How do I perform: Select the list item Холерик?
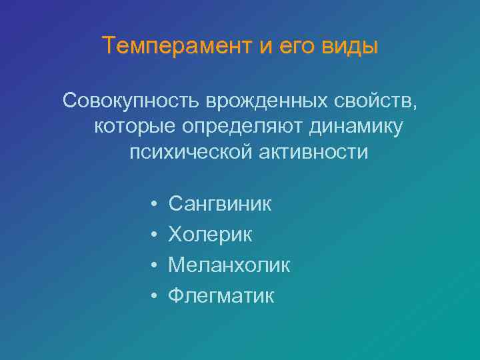[210, 234]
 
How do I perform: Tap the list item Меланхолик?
[229, 265]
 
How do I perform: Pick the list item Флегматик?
[221, 295]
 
